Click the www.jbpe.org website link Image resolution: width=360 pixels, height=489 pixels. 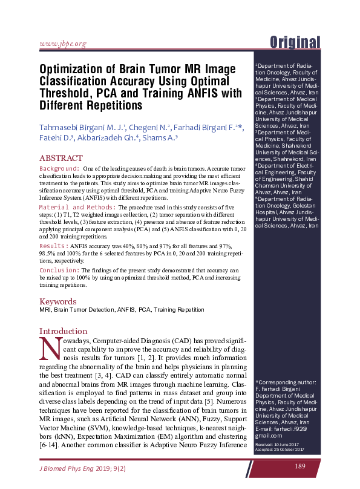pos(62,44)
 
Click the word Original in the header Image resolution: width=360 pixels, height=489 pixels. pos(295,42)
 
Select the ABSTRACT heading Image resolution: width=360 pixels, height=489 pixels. pos(61,158)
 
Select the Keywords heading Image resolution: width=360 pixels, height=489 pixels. pos(57,301)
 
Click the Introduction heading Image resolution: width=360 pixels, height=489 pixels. pos(64,331)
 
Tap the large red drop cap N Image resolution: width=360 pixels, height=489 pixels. pos(48,347)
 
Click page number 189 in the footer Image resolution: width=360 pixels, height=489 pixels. pos(299,466)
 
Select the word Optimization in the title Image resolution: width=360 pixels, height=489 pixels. pos(72,68)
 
